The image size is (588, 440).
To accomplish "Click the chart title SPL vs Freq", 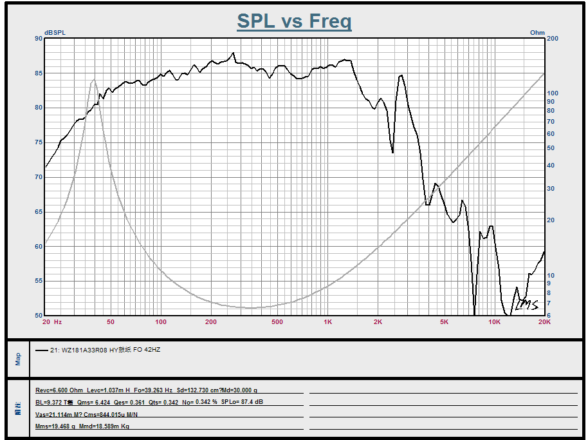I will pos(294,21).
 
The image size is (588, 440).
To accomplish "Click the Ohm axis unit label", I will pos(537,33).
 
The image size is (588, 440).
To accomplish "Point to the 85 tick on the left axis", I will pos(39,73).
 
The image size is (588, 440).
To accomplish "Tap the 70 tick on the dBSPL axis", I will pos(39,177).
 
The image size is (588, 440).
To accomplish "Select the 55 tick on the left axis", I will pos(39,281).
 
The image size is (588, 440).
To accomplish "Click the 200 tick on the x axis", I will pos(211,321).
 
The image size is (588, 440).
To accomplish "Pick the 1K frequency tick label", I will pos(328,321).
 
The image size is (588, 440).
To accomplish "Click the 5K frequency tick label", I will pos(444,321).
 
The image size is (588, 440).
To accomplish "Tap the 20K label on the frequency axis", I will pos(544,321).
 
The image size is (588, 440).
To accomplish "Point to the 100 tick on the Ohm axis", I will pos(553,93).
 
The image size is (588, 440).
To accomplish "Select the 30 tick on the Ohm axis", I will pos(551,189).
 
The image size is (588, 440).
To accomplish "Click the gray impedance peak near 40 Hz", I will pos(93,80).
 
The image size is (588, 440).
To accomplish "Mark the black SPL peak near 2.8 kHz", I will pos(401,75).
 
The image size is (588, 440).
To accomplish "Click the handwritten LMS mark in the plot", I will pos(526,304).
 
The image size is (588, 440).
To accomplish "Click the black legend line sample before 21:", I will pos(42,351).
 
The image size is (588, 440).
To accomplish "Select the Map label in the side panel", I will pos(18,358).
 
